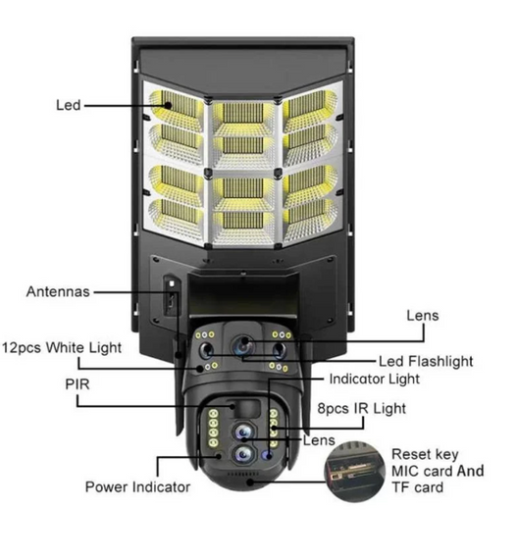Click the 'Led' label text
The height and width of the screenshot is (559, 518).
point(68,105)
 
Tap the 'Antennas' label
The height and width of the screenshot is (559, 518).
point(58,291)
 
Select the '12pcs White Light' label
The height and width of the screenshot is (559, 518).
point(62,347)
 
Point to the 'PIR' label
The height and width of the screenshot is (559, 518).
point(78,384)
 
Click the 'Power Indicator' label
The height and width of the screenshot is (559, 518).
point(137,487)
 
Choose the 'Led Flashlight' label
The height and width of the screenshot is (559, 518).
point(426,361)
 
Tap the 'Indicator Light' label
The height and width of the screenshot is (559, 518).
point(374,379)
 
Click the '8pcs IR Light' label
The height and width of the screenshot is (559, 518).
point(362,409)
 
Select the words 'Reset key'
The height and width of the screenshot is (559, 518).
point(425,454)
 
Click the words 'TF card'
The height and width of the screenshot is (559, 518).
point(417,487)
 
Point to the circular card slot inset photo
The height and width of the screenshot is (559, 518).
point(354,472)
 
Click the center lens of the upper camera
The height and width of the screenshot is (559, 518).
point(242,344)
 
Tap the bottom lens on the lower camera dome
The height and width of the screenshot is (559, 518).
point(242,454)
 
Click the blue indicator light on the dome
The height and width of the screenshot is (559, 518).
point(268,454)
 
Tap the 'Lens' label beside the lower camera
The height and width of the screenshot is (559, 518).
point(319,440)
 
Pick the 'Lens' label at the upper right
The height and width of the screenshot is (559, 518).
point(423,316)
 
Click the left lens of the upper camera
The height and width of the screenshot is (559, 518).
point(206,350)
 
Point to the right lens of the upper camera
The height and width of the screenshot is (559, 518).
point(279,350)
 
